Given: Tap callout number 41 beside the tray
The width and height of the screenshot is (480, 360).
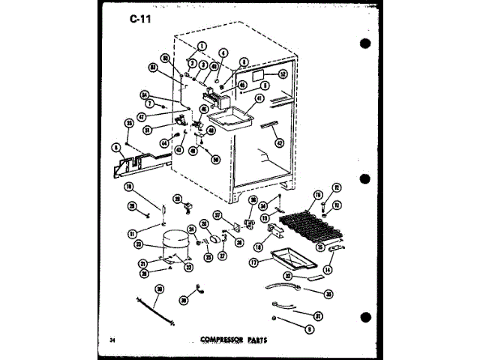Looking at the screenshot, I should [260, 97].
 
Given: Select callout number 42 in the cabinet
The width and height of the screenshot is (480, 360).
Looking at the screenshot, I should [280, 143].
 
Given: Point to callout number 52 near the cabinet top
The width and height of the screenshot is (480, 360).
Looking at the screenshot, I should [283, 75].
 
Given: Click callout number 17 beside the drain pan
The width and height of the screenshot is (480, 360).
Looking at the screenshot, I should [254, 262].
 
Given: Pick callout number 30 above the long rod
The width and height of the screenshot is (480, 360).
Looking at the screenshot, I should [159, 288].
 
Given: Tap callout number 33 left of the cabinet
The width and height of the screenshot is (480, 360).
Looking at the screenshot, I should [130, 124].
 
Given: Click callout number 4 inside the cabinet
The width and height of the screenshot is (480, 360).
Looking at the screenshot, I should [223, 54].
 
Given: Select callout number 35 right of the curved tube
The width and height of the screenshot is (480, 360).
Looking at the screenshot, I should [328, 294].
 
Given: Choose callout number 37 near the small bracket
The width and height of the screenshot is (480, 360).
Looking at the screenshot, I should [217, 214].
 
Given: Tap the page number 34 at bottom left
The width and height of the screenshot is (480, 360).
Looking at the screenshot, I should [112, 340].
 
